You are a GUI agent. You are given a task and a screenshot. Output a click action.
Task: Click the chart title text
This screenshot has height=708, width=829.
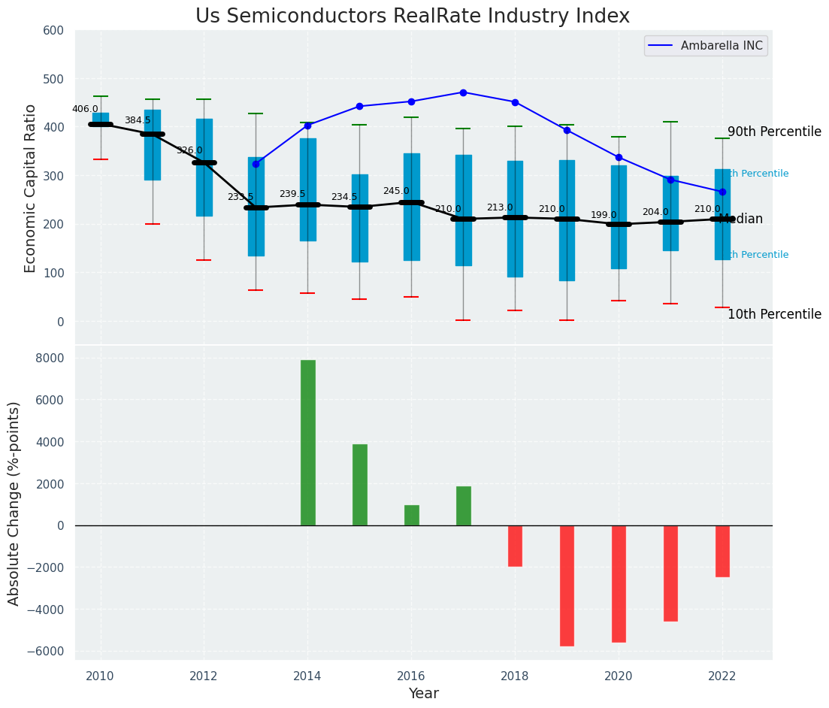coord(413,17)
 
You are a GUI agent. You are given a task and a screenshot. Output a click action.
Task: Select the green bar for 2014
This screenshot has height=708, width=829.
coord(308,443)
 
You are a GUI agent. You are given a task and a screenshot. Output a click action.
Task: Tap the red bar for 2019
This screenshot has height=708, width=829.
coord(567,585)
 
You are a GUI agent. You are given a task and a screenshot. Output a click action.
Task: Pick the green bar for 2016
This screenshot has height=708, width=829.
coord(412,516)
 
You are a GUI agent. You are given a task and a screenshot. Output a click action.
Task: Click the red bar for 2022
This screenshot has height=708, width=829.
coord(722,551)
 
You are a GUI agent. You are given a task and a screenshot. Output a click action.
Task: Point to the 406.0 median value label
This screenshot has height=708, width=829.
coord(85,109)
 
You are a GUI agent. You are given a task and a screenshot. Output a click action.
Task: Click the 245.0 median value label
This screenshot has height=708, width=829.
coord(396,192)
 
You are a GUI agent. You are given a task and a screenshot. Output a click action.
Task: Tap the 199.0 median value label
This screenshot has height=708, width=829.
coord(604,216)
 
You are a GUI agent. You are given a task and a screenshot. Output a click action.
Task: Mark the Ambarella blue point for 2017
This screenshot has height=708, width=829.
coord(463,92)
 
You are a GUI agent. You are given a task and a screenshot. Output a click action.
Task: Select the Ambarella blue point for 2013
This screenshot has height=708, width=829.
coord(256,164)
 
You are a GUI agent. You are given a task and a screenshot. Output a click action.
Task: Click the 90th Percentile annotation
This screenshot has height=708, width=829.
coord(774,132)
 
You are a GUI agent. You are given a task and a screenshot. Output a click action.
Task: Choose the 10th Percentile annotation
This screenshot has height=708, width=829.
coord(774,315)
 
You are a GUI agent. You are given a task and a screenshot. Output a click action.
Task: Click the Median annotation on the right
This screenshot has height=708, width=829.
coord(741,219)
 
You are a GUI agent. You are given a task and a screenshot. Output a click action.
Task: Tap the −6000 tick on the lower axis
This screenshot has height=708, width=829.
coord(47,652)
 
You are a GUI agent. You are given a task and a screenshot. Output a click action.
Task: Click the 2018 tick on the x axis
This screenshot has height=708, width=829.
coord(515,676)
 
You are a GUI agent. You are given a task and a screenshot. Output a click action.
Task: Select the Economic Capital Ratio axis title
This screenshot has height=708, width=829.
coord(31,187)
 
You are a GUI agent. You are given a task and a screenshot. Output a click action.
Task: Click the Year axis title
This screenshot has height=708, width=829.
coord(424,694)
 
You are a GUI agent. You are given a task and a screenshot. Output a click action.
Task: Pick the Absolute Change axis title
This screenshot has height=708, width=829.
coord(14,503)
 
